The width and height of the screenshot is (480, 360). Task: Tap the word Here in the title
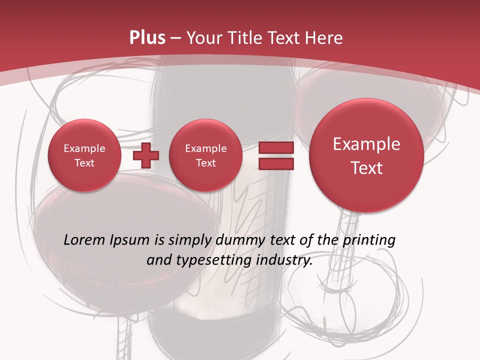(x=325, y=37)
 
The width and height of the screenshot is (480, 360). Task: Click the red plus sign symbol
(x=146, y=155)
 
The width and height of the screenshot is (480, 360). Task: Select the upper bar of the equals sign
(x=275, y=147)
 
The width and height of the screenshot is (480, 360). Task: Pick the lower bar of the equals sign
(x=275, y=164)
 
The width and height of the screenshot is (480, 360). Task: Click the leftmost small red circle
(x=84, y=155)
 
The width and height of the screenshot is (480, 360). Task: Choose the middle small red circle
(x=206, y=155)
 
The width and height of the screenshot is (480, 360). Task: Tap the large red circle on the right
(x=366, y=155)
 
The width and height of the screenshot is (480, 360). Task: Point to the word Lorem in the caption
(x=84, y=240)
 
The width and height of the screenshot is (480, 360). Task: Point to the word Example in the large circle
(x=366, y=144)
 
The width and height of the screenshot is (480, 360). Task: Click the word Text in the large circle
(x=366, y=168)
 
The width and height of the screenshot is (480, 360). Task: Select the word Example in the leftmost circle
(x=84, y=148)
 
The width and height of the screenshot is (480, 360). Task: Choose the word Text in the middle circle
(x=206, y=163)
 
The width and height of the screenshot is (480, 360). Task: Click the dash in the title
(x=175, y=38)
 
